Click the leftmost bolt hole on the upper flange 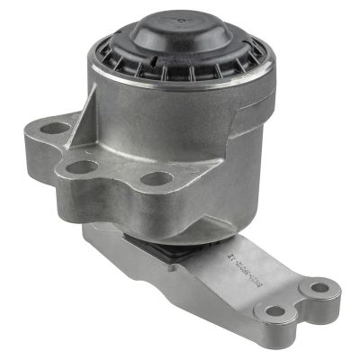(54, 128)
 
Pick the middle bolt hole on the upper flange (82, 166)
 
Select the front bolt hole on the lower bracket (276, 311)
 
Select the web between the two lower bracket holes (297, 301)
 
